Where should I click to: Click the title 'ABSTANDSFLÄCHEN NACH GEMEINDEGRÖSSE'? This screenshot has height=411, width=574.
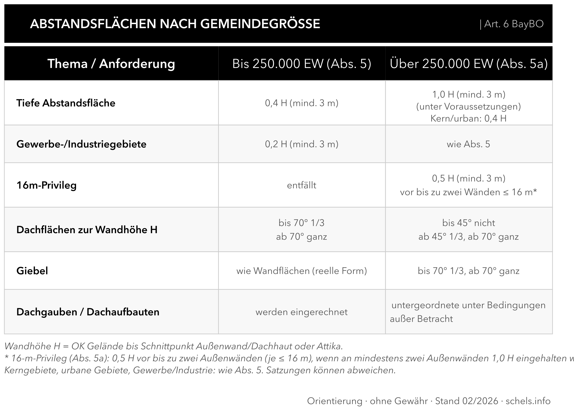coord(175,24)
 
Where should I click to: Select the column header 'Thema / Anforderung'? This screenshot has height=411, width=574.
coord(111,64)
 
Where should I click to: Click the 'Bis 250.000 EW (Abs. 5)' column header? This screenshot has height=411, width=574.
coord(302,64)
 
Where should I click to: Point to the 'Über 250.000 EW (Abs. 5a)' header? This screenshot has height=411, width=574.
coord(469,64)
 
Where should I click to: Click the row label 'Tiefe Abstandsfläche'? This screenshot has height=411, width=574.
coord(66,103)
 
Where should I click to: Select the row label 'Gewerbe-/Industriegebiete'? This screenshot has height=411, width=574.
coord(81,144)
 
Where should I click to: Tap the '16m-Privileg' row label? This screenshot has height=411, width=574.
coord(46,185)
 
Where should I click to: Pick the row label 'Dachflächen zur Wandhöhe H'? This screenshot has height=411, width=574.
coord(87,230)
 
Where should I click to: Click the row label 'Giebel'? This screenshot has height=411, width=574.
coord(32,271)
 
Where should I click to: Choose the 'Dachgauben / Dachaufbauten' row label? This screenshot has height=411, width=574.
coord(88,312)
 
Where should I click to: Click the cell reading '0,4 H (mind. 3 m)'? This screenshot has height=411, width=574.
coord(302,103)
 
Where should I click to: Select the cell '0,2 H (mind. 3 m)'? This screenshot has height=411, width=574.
coord(302,144)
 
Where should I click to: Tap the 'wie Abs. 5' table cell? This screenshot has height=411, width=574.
coord(469,144)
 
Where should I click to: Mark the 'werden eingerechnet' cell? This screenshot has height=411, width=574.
coord(302,312)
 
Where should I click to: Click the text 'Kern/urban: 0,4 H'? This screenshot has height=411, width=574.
coord(469,118)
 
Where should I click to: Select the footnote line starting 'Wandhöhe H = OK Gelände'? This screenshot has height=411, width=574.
coord(174,346)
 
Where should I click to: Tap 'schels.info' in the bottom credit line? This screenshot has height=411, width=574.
coord(528,401)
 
